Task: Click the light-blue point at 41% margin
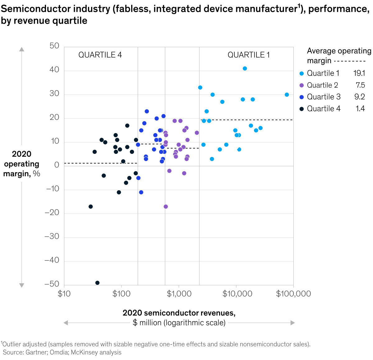pyautogui.click(x=245, y=68)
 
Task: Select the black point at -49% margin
pyautogui.click(x=97, y=283)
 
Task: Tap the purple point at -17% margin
pyautogui.click(x=166, y=207)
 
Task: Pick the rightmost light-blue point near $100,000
pyautogui.click(x=287, y=95)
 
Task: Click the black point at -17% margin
pyautogui.click(x=90, y=207)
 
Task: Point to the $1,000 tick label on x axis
pyautogui.click(x=179, y=294)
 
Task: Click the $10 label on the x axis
pyautogui.click(x=64, y=294)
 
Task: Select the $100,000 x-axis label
pyautogui.click(x=293, y=294)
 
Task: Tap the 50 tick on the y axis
pyautogui.click(x=54, y=46)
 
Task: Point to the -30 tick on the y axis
pyautogui.click(x=52, y=237)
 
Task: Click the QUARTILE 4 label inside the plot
pyautogui.click(x=100, y=55)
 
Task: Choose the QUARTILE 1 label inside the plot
pyautogui.click(x=249, y=55)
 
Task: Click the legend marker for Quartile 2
pyautogui.click(x=302, y=85)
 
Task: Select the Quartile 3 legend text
pyautogui.click(x=324, y=97)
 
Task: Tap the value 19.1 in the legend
pyautogui.click(x=359, y=73)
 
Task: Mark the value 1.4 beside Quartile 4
pyautogui.click(x=360, y=109)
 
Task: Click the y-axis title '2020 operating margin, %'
pyautogui.click(x=21, y=164)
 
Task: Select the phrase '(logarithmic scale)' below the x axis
pyautogui.click(x=195, y=323)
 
